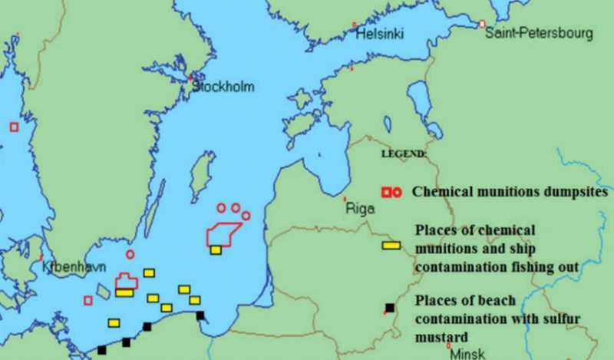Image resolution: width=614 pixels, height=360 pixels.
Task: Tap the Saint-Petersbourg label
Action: coord(539,33)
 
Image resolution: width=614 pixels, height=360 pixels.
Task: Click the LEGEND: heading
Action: coord(404,154)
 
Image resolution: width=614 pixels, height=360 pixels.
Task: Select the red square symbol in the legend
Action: coord(387,192)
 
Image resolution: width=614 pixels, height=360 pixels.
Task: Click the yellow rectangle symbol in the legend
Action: coord(391,245)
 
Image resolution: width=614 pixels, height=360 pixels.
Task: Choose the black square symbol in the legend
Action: coord(390,309)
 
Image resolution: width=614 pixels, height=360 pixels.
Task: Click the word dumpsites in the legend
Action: coord(576,191)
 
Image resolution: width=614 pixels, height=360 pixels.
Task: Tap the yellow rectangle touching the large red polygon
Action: coord(216,249)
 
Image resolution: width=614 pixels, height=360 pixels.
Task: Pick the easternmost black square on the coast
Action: coord(200,315)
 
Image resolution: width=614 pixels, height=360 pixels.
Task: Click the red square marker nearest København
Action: coord(88,300)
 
